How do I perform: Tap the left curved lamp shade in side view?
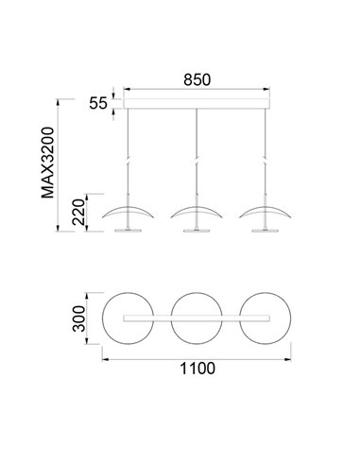[x=127, y=211]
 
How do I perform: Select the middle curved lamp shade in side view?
[x=197, y=211]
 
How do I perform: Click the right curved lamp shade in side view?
[x=266, y=211]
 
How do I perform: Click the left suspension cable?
[x=127, y=142]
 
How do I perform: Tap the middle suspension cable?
[x=197, y=142]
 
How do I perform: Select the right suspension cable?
[x=266, y=142]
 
